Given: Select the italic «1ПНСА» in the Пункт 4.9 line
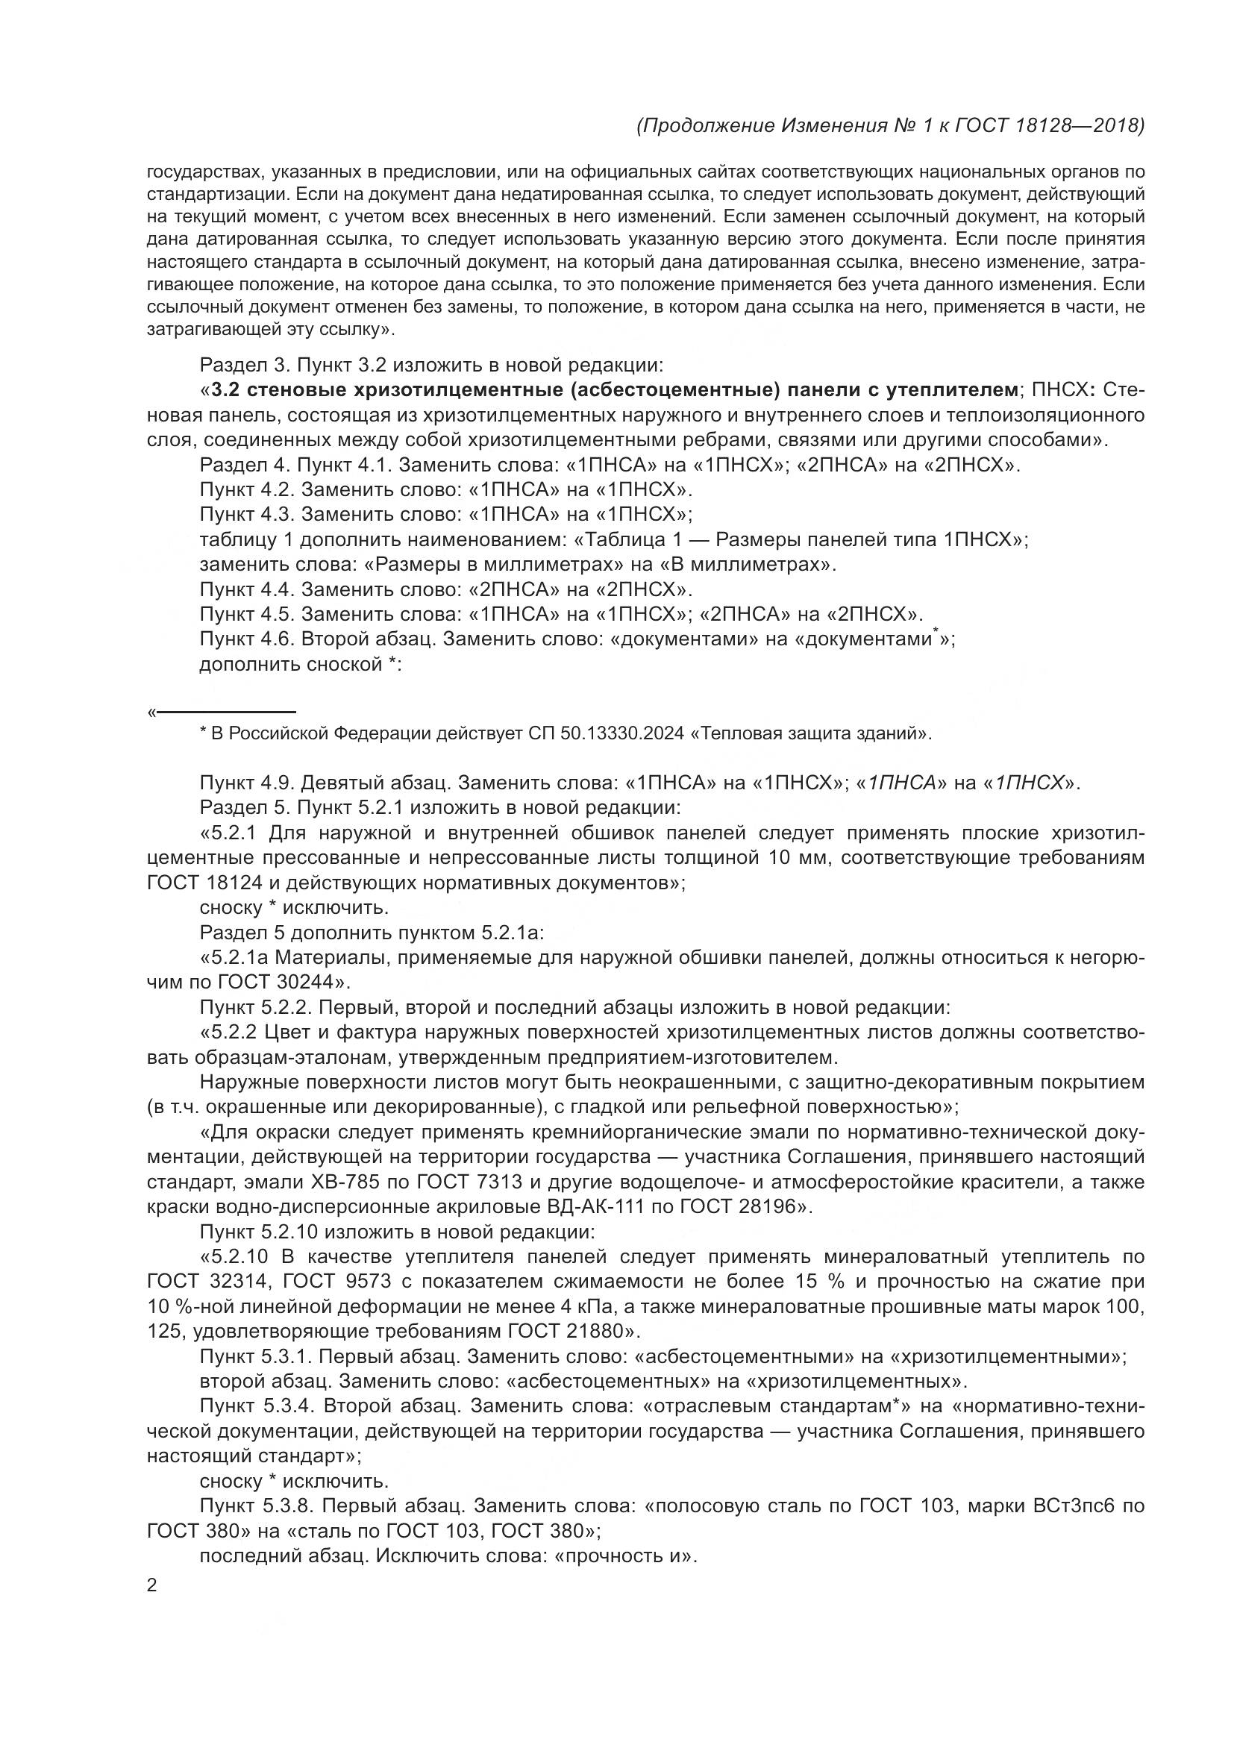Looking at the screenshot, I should click(x=901, y=783).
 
